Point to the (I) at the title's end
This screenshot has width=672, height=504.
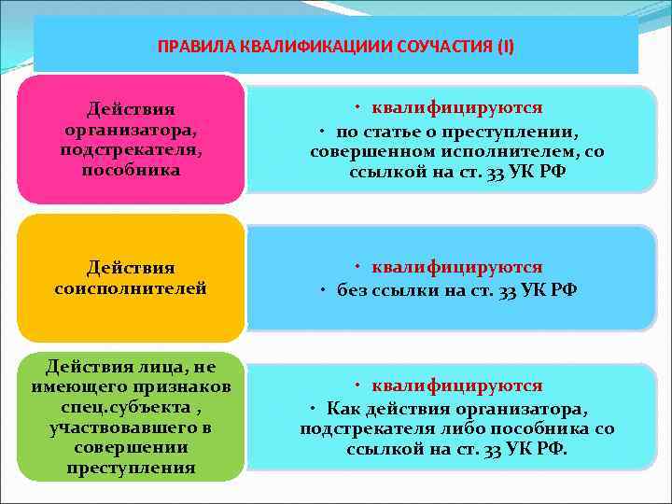(504, 46)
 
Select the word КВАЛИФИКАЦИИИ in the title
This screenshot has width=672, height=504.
(302, 46)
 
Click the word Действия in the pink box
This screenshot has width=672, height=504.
(131, 110)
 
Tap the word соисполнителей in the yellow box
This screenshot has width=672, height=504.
(131, 289)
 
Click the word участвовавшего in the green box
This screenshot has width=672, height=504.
(131, 428)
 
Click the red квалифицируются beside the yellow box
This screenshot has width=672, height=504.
(456, 268)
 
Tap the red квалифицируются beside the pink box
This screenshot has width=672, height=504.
(456, 108)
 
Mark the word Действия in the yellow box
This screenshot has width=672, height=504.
(131, 269)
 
